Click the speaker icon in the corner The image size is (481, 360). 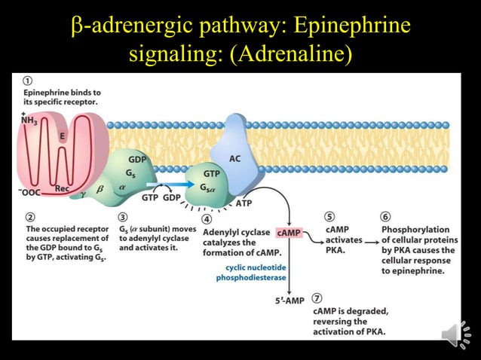[x=455, y=334]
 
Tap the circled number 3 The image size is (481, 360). [x=123, y=216]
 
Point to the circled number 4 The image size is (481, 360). [x=207, y=218]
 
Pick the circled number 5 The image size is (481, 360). [x=329, y=216]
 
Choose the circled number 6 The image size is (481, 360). [x=386, y=216]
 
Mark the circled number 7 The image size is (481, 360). [x=317, y=298]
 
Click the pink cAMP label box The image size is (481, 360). [x=289, y=233]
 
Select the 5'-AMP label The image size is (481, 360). [x=290, y=301]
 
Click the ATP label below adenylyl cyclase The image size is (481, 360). [x=244, y=203]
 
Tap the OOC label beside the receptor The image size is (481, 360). [x=30, y=193]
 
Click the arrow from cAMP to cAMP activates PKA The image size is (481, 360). [x=313, y=233]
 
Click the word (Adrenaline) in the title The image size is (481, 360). [x=292, y=55]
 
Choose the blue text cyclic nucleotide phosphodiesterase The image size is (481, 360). [x=251, y=272]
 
